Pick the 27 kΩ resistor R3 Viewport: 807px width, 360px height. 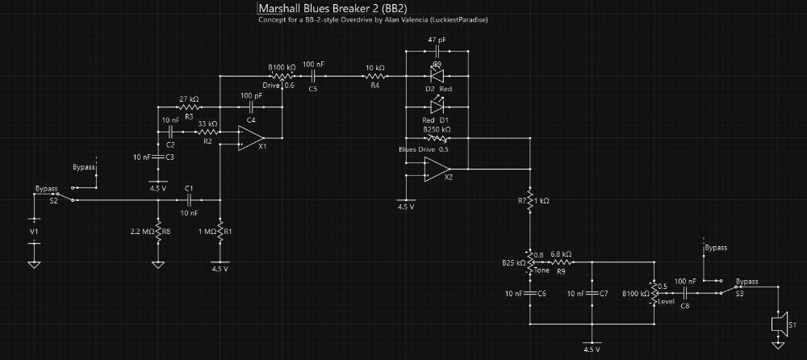pos(190,106)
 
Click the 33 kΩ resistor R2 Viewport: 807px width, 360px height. pos(207,131)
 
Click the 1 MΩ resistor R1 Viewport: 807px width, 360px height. pos(220,232)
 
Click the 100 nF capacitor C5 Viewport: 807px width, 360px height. pos(313,77)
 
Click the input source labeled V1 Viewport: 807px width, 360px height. pos(33,230)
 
